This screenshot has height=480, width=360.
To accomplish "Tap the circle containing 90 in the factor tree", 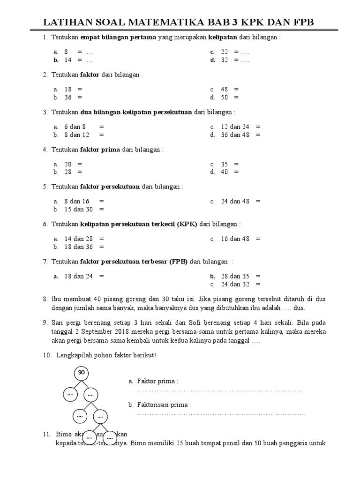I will tap(81, 373).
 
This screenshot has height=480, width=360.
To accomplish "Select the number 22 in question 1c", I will tap(225, 52).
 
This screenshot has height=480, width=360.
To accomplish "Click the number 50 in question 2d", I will tap(225, 97).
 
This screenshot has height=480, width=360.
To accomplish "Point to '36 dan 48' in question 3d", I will tap(235, 135).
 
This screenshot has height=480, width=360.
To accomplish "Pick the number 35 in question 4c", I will tap(225, 164).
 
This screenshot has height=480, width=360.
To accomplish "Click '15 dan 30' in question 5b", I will tap(79, 209).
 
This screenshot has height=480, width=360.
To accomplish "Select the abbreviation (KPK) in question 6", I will tap(187, 224).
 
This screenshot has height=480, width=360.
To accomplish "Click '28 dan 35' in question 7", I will tap(235, 276).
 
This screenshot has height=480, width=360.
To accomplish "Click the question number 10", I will tap(46, 355).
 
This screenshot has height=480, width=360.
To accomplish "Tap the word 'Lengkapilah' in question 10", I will tap(74, 355).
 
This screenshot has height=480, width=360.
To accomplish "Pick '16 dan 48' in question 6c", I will tap(235, 239).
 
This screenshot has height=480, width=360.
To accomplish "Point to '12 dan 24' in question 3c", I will tap(235, 127).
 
